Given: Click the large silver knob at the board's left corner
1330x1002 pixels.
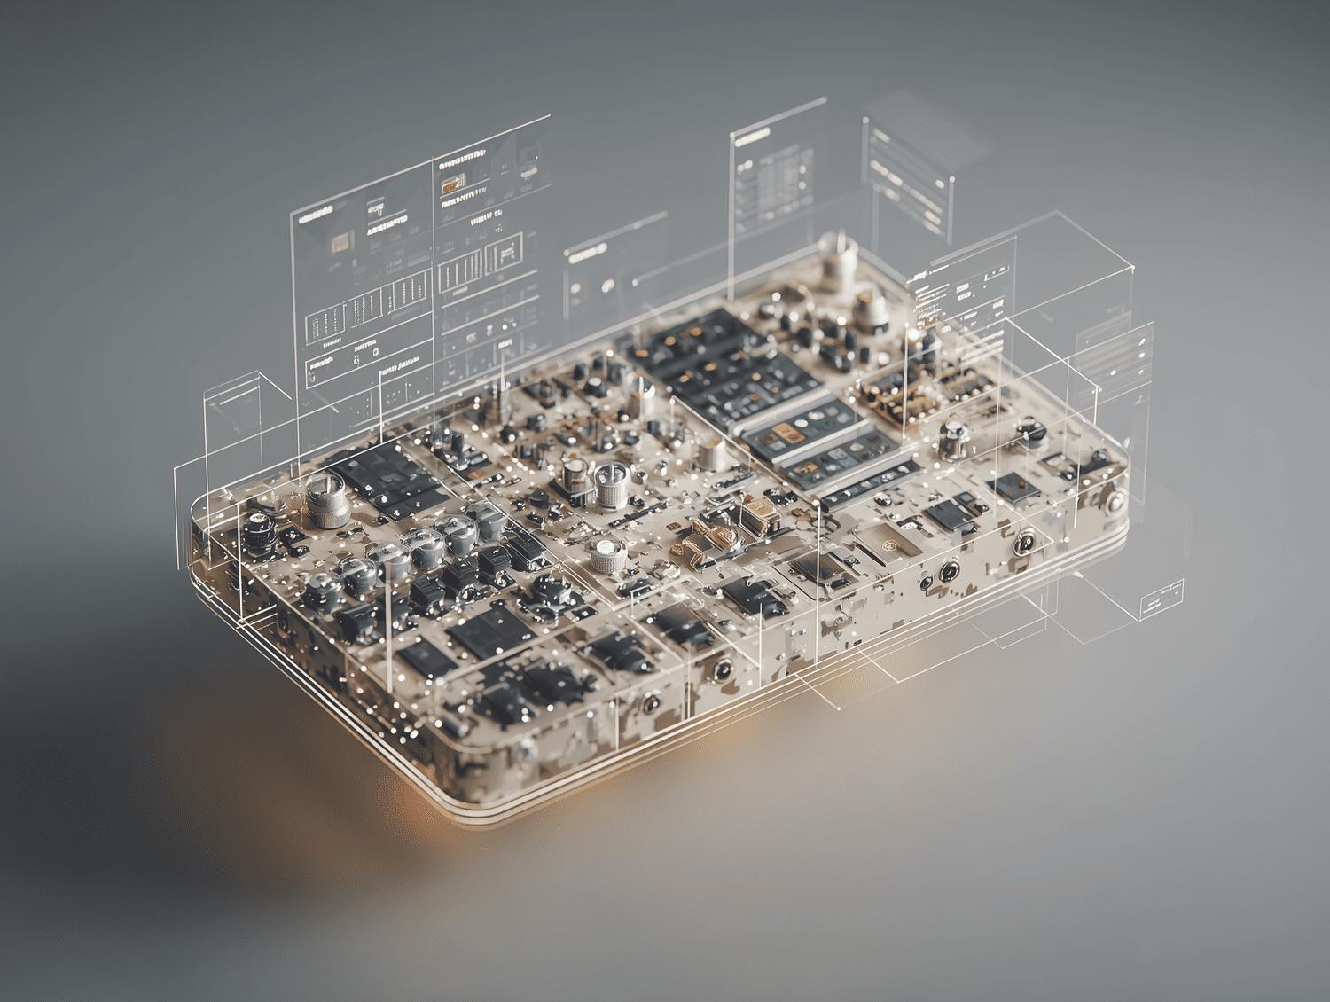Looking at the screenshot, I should tap(325, 497).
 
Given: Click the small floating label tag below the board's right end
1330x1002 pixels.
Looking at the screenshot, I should tap(1161, 599).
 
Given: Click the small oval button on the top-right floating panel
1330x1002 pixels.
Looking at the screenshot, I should tap(880, 137).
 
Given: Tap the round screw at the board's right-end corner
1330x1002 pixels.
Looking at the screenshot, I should tap(1115, 505).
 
